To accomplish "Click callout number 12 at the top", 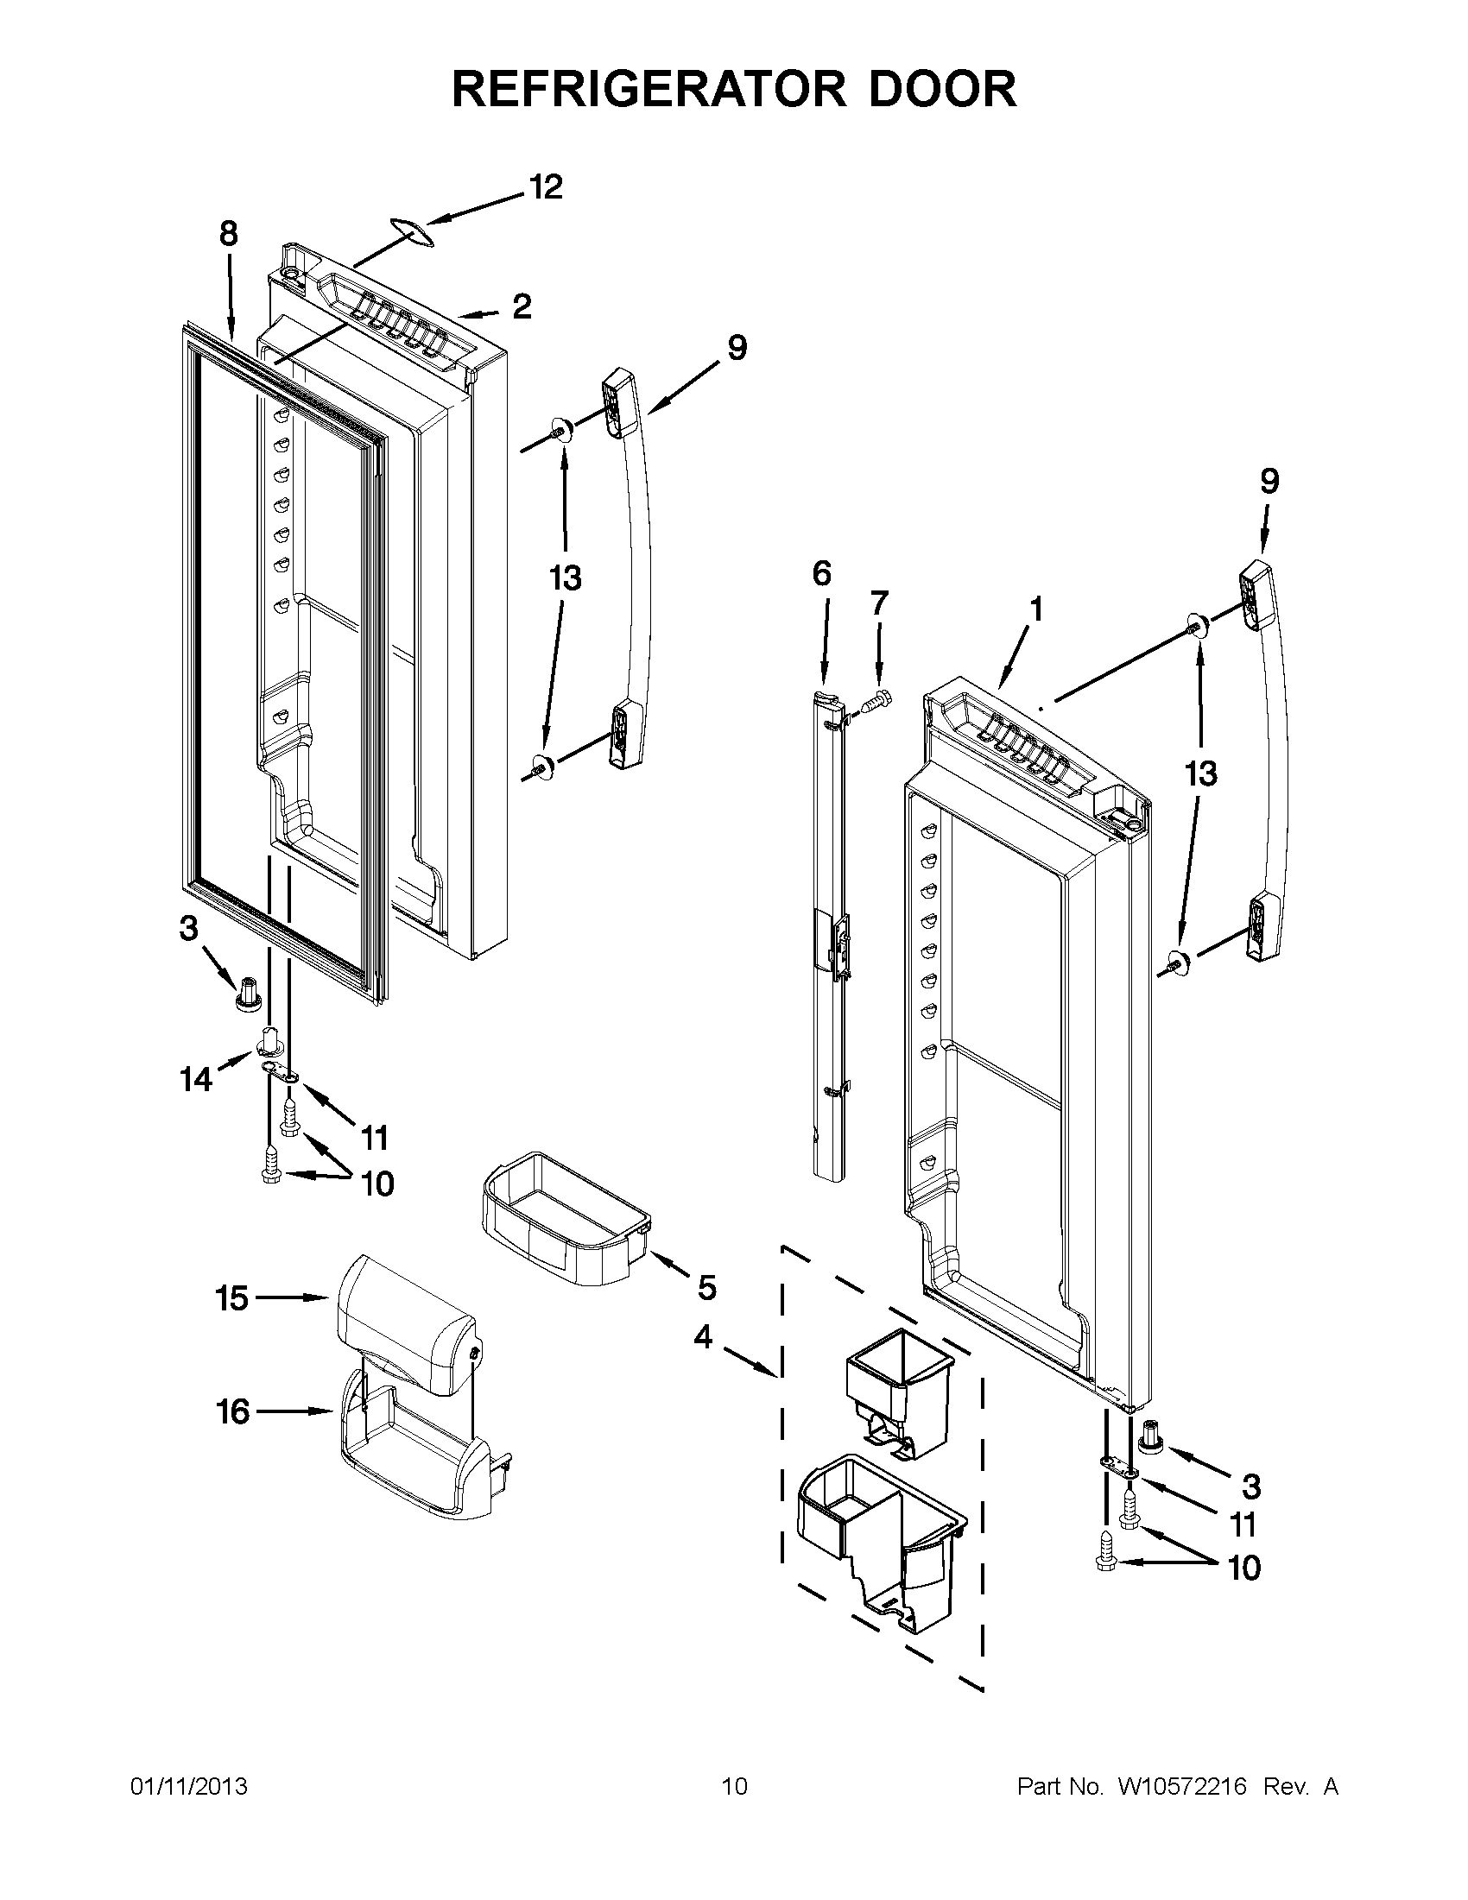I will coord(546,188).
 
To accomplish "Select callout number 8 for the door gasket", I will coord(228,234).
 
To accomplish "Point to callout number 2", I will coord(522,306).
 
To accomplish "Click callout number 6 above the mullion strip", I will coord(821,573).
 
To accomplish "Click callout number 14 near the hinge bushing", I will coord(196,1080).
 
